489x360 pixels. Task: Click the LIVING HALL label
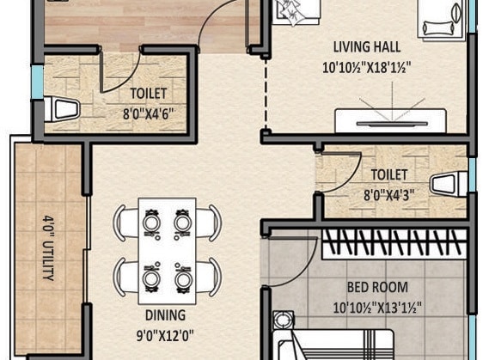(x=367, y=47)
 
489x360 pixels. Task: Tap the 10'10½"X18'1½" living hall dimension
(x=366, y=67)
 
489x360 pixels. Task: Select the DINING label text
(x=165, y=315)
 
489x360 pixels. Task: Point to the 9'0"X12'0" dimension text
(x=165, y=336)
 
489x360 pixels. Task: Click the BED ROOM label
(x=377, y=287)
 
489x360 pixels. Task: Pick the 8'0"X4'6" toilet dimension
(x=148, y=113)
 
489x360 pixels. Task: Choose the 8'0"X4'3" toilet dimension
(x=389, y=196)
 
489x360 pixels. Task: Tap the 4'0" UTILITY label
(x=48, y=247)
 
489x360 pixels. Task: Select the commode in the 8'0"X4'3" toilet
(x=449, y=185)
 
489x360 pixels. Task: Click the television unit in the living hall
(x=391, y=120)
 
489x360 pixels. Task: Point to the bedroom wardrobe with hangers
(x=394, y=244)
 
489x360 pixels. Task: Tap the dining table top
(x=168, y=251)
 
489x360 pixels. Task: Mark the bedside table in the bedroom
(x=284, y=320)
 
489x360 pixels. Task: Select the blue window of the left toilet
(x=38, y=82)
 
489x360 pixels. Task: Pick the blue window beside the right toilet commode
(x=472, y=175)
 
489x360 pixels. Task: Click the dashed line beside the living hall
(x=266, y=95)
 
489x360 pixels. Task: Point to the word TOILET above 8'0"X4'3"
(x=389, y=175)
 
